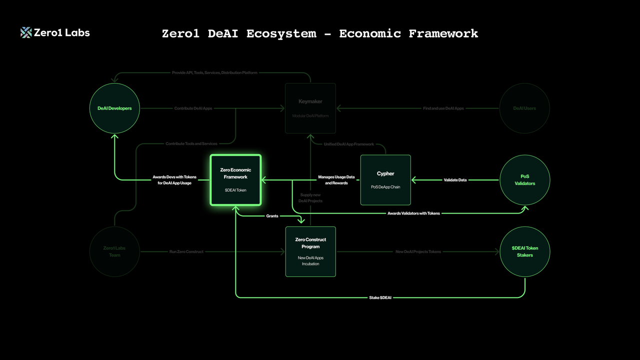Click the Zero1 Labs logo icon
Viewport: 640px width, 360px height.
[26, 32]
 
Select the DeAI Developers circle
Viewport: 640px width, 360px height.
[114, 108]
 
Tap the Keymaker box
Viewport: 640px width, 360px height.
[310, 108]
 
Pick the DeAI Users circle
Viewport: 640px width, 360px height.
[524, 108]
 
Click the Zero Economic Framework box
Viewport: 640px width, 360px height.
[235, 180]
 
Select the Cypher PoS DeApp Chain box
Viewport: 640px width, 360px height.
[385, 180]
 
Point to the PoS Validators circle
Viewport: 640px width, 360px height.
[524, 180]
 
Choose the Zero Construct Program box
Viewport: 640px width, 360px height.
[310, 251]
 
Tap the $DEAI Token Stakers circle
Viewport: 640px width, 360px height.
[524, 251]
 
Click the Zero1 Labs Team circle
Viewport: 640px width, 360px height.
[114, 251]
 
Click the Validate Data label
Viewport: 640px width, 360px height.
[455, 180]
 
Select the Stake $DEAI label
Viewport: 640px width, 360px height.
[380, 298]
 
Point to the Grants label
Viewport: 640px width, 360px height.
[272, 216]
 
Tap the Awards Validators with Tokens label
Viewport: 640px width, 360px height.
[413, 213]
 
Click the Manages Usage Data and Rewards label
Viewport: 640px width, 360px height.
[336, 180]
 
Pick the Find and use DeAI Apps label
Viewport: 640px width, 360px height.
[443, 108]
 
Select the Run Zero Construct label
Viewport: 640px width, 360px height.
[186, 251]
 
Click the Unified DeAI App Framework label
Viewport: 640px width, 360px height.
[349, 144]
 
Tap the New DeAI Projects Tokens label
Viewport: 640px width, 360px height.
[418, 251]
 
